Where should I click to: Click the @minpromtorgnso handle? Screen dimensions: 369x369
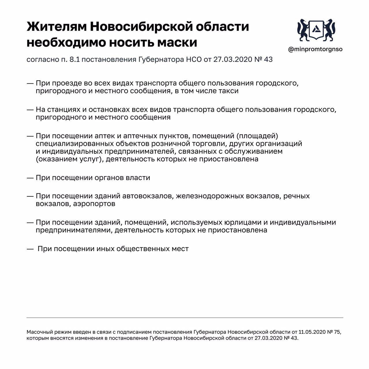tap(315, 49)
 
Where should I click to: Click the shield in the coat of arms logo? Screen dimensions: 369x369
tap(316, 29)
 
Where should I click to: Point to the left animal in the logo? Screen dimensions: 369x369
tap(303, 29)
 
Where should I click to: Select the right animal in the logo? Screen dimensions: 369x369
tap(330, 29)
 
